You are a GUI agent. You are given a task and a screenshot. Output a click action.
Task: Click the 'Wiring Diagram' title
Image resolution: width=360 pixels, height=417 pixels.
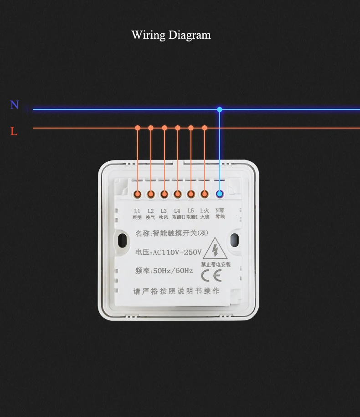(171, 35)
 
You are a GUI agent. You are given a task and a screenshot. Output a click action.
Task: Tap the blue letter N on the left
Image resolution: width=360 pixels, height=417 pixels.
(15, 105)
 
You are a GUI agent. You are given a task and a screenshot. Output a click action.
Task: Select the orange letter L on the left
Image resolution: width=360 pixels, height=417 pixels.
(14, 132)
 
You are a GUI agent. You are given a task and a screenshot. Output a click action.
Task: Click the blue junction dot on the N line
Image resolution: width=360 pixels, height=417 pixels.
(220, 110)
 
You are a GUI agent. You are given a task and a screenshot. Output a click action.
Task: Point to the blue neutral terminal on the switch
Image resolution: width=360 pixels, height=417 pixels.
(220, 194)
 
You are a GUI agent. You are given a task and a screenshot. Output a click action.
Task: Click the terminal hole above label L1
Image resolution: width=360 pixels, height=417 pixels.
(137, 194)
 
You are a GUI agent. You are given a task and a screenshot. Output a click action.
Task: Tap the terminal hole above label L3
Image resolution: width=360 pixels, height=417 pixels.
(164, 194)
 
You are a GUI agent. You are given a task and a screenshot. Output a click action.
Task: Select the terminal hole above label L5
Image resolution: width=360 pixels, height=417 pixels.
(191, 194)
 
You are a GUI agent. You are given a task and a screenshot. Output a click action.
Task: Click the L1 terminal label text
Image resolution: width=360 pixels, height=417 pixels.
(137, 211)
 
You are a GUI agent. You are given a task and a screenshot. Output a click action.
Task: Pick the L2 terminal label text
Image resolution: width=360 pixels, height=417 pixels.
(151, 211)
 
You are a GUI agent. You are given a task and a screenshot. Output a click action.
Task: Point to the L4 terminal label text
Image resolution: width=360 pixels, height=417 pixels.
(177, 211)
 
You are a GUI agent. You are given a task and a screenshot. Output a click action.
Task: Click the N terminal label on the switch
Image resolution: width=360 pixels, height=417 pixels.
(220, 211)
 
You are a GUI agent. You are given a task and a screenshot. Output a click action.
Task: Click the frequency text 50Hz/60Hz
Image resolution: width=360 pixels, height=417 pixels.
(173, 271)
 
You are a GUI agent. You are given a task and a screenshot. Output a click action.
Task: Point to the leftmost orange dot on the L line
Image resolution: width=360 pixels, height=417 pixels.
(137, 128)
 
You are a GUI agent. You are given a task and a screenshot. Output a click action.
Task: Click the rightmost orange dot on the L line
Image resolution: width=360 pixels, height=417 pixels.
(205, 128)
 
